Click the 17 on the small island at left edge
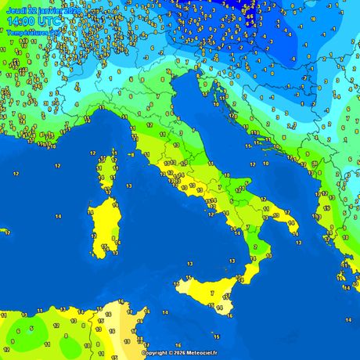[7, 232]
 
